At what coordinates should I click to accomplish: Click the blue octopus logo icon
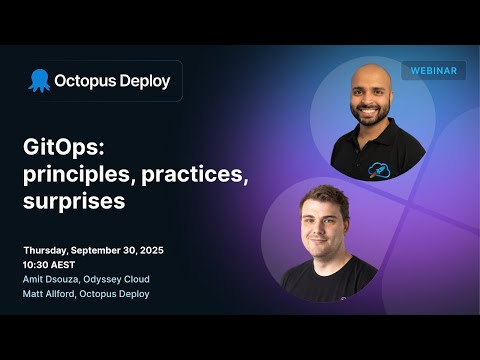pos(39,80)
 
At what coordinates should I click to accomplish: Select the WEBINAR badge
pos(433,71)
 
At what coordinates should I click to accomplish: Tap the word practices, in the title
pos(194,175)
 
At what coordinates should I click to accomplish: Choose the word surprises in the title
pos(75,201)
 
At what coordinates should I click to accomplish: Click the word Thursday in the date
pos(49,249)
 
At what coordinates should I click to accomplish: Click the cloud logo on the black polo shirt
pos(379,169)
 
